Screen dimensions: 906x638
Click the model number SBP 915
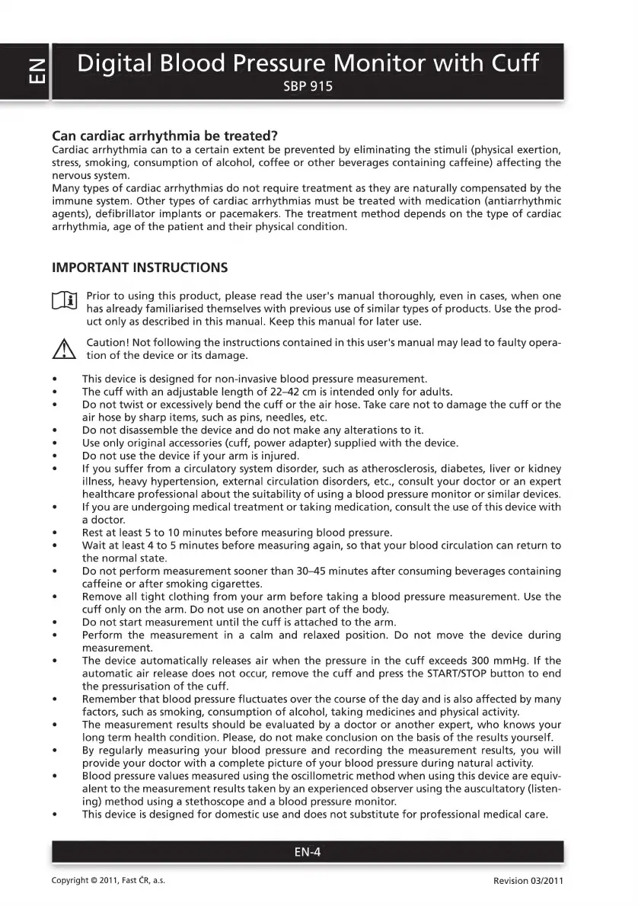click(308, 86)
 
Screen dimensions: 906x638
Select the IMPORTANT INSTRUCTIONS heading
click(139, 267)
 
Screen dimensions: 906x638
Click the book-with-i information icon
click(64, 303)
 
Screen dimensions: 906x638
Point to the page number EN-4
click(308, 853)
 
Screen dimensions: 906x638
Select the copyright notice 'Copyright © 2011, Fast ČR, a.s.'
click(108, 881)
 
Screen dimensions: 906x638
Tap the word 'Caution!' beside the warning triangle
click(108, 342)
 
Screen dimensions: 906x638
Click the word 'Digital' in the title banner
click(120, 62)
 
